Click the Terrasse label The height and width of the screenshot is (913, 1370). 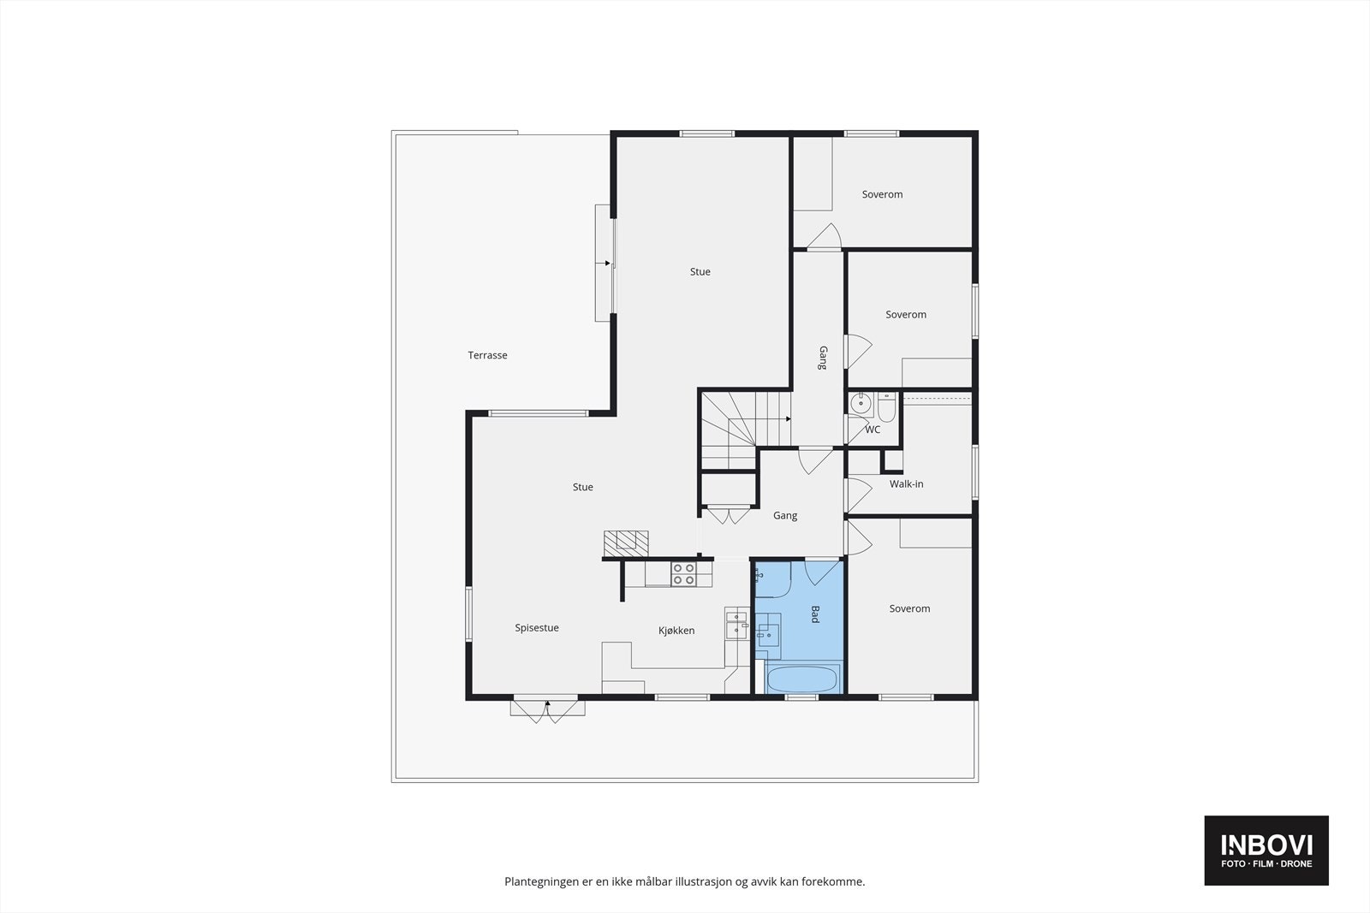tap(487, 355)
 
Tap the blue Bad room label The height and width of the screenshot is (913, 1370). tap(815, 614)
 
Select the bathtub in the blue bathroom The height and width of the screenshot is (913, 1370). tap(802, 680)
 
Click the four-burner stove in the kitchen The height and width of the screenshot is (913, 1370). tap(683, 574)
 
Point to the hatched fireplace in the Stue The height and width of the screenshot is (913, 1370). tap(626, 541)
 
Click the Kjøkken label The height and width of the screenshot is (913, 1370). tap(676, 631)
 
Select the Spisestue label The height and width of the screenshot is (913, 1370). tap(537, 628)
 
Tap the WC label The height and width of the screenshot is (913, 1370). tap(872, 430)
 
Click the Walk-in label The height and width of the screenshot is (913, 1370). tap(906, 484)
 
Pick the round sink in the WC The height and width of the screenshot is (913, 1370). tap(861, 402)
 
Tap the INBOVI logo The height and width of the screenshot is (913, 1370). tap(1266, 850)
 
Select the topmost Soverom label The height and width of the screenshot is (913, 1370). tap(882, 195)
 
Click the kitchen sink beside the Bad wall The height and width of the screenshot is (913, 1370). tap(736, 625)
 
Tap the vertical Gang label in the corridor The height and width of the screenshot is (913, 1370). tap(822, 358)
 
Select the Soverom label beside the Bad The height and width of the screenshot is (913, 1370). tap(909, 609)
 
